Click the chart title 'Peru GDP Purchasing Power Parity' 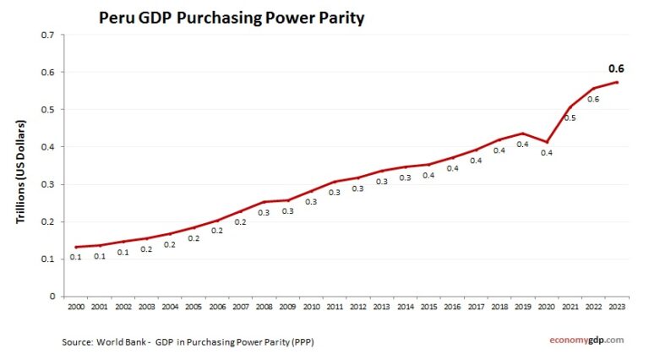[x=232, y=17]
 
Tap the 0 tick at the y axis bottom [x=52, y=297]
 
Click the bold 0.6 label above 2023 [x=616, y=69]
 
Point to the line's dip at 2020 [x=546, y=142]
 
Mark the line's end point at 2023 [x=617, y=82]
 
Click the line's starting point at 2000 [x=76, y=247]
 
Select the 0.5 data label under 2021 [x=570, y=117]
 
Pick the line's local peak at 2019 [x=522, y=134]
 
